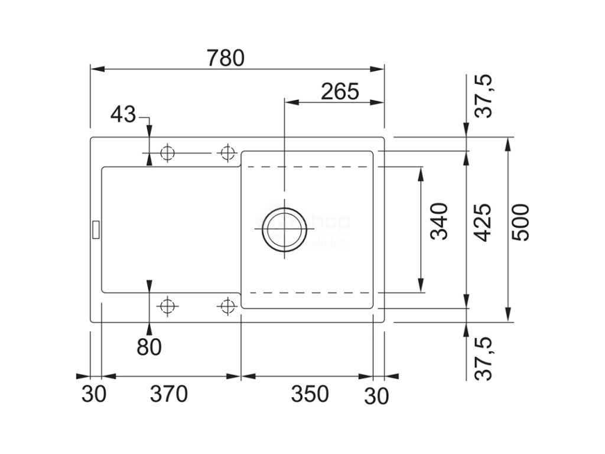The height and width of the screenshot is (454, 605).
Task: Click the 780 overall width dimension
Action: click(x=226, y=58)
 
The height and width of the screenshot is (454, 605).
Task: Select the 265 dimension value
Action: click(x=340, y=92)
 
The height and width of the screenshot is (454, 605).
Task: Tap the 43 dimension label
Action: click(x=123, y=114)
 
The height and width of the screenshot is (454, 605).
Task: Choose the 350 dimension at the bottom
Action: click(x=309, y=394)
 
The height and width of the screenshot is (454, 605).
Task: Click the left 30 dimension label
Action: click(x=94, y=394)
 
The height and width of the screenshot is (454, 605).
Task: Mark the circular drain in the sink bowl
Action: click(x=284, y=229)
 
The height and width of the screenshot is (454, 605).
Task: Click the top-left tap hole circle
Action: click(x=167, y=153)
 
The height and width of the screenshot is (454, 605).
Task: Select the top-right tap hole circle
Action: click(x=226, y=153)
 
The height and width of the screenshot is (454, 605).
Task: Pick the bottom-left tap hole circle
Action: click(x=167, y=306)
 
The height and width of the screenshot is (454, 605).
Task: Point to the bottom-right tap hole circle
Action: click(x=226, y=306)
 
